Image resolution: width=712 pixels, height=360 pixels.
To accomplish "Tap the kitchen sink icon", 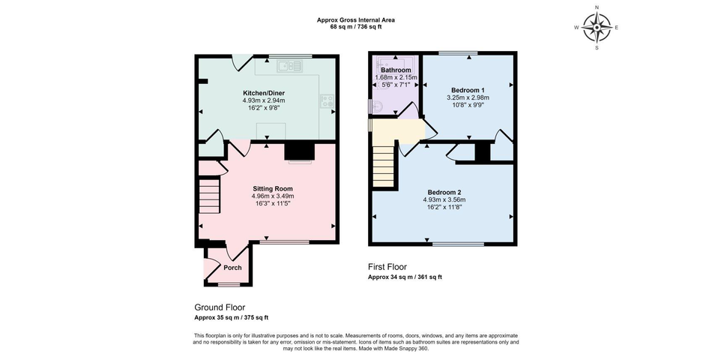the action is pos(290,66).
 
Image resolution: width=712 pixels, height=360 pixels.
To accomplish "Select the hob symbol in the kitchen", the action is pos(327,101).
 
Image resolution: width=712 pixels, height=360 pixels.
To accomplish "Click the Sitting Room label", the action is pos(273,189).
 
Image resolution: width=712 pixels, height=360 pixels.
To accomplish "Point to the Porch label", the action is pos(232,268).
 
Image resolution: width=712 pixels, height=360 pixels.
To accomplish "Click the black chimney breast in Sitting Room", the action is pos(299,151).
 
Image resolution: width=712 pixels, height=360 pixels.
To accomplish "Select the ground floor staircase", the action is pos(209,196).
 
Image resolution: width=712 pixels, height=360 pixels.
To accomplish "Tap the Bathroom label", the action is pos(396,70).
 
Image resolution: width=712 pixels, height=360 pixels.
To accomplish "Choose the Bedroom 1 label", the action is pos(467,89).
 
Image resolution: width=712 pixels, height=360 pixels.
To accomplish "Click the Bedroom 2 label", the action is pos(444,192).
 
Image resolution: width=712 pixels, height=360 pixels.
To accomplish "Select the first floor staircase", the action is pos(384,166).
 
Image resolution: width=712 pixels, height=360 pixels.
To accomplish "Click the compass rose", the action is pos(597,28).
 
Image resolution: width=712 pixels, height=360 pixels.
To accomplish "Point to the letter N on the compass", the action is pos(597,7).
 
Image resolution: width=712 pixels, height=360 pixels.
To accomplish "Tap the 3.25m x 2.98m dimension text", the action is pos(467,97).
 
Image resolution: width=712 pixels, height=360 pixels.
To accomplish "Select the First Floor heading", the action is pos(387,267).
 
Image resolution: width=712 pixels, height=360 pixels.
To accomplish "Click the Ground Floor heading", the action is pos(220,307).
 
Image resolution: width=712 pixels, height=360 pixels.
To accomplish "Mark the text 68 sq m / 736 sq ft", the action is pos(355,27).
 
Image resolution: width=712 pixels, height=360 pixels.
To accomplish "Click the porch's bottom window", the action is pos(229,285).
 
